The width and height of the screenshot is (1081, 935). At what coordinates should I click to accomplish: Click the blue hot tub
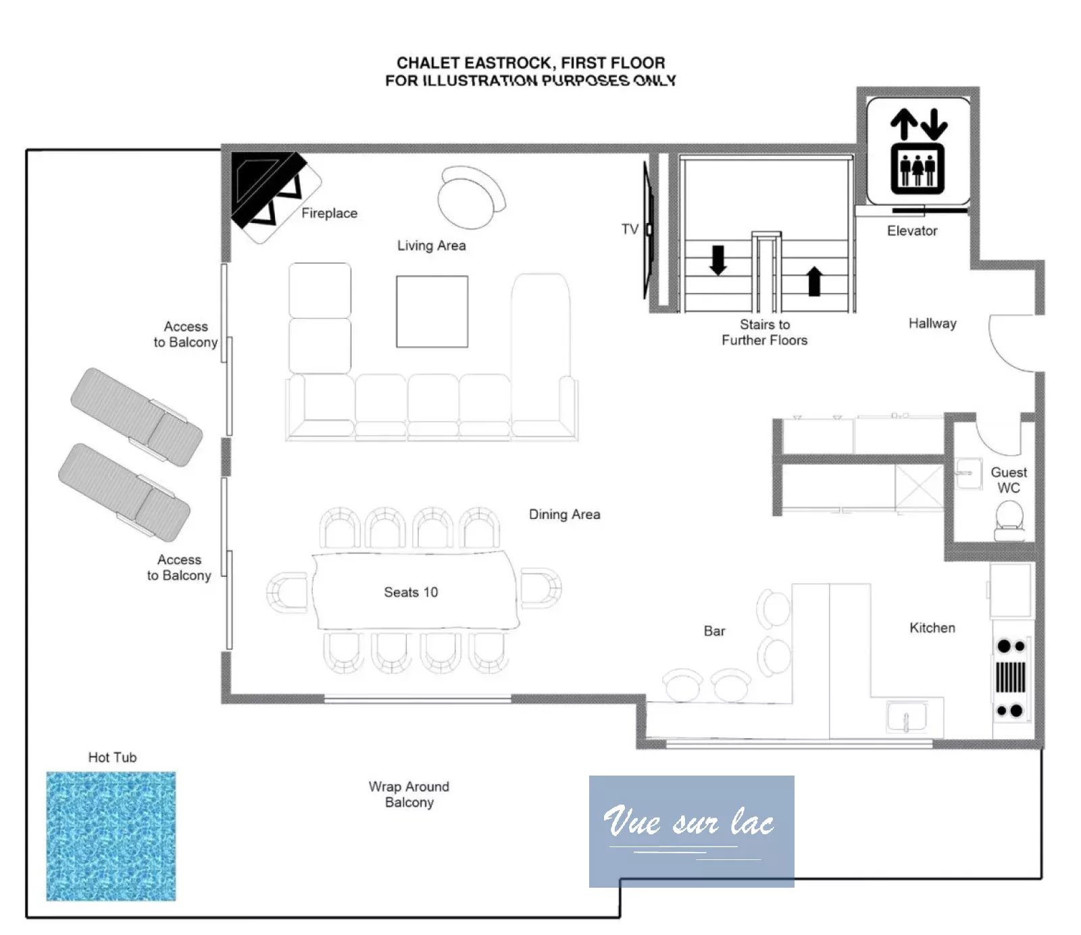click(111, 836)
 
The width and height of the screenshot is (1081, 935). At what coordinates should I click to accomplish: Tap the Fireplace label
click(329, 213)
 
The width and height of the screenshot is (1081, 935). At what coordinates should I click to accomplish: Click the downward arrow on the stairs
click(718, 260)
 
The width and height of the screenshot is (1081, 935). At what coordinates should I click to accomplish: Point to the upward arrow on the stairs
click(814, 281)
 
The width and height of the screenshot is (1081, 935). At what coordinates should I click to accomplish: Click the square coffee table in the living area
click(432, 311)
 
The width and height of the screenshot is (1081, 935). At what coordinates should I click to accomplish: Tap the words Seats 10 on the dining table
click(411, 592)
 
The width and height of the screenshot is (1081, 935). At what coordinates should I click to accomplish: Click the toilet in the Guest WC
click(1009, 521)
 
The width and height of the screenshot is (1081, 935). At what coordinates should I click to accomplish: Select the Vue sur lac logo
click(691, 831)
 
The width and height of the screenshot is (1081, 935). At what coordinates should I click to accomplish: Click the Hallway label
click(932, 324)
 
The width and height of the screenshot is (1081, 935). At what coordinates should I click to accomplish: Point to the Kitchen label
click(932, 628)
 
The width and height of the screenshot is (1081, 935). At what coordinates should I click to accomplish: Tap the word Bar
click(714, 631)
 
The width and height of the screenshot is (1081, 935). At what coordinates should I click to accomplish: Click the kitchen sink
click(907, 717)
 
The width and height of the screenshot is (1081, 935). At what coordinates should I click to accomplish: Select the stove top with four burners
click(1011, 678)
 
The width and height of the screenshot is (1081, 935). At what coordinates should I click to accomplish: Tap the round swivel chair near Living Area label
click(471, 197)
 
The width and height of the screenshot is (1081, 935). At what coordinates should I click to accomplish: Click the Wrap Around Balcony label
click(409, 794)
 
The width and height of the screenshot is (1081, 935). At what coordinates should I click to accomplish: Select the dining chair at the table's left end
click(287, 592)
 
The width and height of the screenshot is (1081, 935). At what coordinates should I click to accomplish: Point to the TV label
click(630, 230)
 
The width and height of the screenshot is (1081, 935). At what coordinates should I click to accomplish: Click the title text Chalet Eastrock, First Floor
click(531, 63)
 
